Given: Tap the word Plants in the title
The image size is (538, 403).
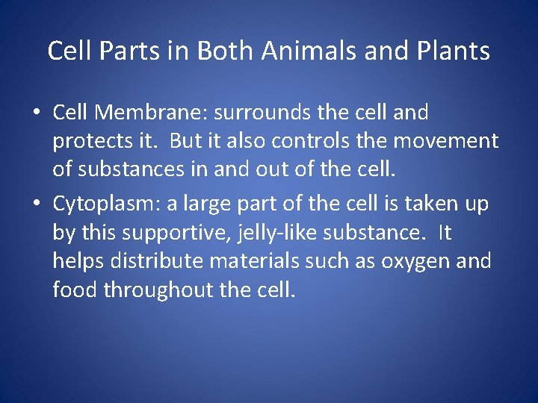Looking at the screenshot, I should click(455, 51).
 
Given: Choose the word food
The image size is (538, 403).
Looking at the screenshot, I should click(75, 290).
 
